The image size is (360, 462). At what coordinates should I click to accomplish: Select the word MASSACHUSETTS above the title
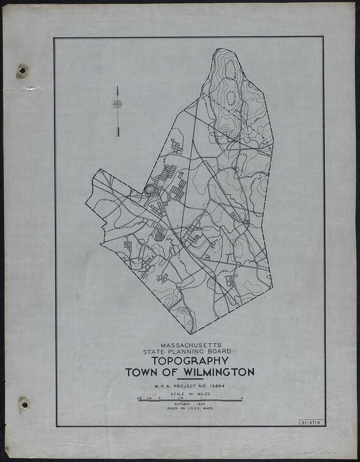click(x=190, y=345)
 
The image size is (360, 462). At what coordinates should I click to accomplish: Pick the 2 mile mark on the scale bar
click(x=242, y=397)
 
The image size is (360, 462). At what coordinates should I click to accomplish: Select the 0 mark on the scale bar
click(x=159, y=397)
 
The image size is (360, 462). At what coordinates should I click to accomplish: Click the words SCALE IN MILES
click(x=189, y=394)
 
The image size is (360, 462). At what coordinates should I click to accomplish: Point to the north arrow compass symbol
click(x=117, y=105)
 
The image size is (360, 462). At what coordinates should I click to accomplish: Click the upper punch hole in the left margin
click(x=23, y=71)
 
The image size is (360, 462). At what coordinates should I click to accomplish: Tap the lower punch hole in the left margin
click(x=24, y=404)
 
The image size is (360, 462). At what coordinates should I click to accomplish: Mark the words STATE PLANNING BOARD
click(x=190, y=351)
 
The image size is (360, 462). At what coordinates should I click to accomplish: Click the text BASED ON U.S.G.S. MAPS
click(x=189, y=409)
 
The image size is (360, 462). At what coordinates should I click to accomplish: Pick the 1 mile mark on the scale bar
click(x=201, y=397)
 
